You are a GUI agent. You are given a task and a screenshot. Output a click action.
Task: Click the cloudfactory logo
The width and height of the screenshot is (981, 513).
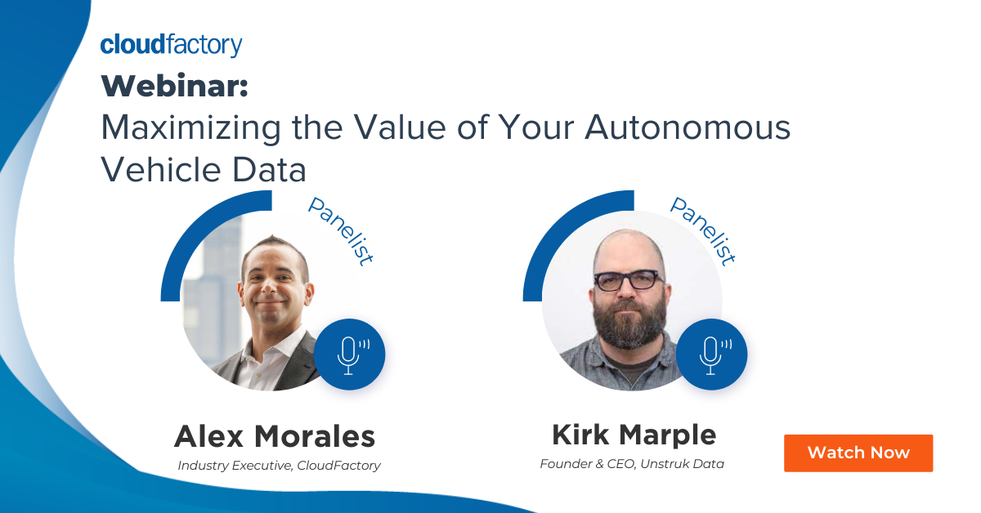click(x=171, y=45)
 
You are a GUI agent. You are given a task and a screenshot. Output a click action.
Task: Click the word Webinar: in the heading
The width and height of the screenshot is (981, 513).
click(x=175, y=86)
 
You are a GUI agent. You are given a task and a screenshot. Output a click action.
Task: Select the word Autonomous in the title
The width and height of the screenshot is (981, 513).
click(x=688, y=127)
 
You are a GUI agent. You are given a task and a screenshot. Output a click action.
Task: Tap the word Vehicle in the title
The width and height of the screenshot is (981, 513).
click(x=160, y=169)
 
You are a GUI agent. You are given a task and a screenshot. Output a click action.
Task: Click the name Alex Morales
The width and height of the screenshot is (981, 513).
click(x=275, y=436)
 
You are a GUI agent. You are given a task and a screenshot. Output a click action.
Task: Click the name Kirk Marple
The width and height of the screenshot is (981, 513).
click(x=634, y=435)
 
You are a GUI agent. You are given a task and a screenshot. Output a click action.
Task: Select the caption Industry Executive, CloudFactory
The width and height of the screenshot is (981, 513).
click(x=279, y=466)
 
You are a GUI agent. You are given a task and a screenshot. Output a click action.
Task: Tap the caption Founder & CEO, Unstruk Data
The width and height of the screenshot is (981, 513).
click(x=632, y=464)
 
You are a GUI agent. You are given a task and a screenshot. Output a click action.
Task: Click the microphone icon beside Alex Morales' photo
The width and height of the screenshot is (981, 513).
click(x=350, y=355)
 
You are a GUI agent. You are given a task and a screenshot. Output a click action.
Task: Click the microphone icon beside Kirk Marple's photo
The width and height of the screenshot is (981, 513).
click(x=712, y=355)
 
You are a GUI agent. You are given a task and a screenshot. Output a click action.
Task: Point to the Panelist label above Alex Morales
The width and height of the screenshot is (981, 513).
click(x=341, y=231)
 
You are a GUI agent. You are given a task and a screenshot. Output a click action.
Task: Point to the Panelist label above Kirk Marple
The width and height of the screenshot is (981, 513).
click(x=703, y=231)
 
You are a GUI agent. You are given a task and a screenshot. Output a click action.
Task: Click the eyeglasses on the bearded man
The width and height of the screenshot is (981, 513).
click(x=629, y=280)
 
